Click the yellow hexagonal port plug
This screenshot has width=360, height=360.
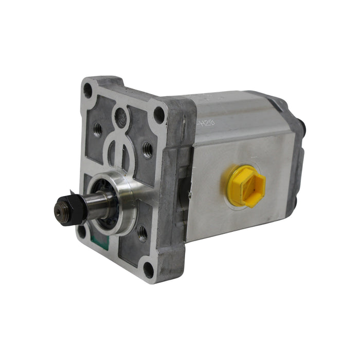246,187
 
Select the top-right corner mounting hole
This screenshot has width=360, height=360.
159,114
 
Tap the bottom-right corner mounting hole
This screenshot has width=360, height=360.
149,268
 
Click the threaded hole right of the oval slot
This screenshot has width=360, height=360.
147,150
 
